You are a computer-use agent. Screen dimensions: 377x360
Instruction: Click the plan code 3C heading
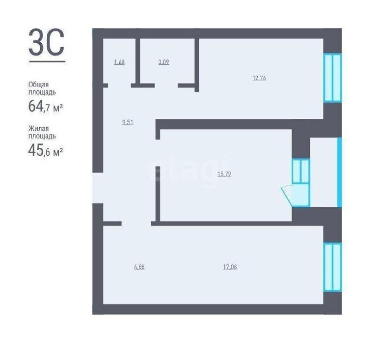[47, 42]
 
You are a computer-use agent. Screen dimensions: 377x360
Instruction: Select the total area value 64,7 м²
[46, 106]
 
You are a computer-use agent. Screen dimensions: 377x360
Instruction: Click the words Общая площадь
[42, 88]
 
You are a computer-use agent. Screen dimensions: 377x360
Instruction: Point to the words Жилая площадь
[42, 132]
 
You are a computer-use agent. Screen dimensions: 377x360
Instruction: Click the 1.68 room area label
[119, 62]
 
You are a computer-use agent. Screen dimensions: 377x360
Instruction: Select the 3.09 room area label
[164, 62]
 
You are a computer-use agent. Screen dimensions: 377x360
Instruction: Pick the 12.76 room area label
[259, 78]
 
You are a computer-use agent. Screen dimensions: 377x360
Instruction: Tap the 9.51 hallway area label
[128, 122]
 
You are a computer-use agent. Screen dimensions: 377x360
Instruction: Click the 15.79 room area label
[224, 174]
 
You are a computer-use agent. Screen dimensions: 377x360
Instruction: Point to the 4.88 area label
[139, 267]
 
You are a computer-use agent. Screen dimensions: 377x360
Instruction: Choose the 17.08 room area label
[230, 267]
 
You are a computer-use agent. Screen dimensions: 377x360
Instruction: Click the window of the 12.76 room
[332, 78]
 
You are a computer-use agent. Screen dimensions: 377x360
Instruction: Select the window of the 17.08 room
[332, 267]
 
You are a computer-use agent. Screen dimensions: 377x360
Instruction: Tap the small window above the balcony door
[301, 171]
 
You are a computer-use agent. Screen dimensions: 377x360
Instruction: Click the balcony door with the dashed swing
[298, 195]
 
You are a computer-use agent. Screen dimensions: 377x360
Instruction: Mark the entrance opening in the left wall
[98, 188]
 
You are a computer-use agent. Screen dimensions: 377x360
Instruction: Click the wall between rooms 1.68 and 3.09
[138, 61]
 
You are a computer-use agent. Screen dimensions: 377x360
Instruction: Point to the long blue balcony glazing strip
[340, 172]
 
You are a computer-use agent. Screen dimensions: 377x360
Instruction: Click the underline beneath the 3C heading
[47, 61]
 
